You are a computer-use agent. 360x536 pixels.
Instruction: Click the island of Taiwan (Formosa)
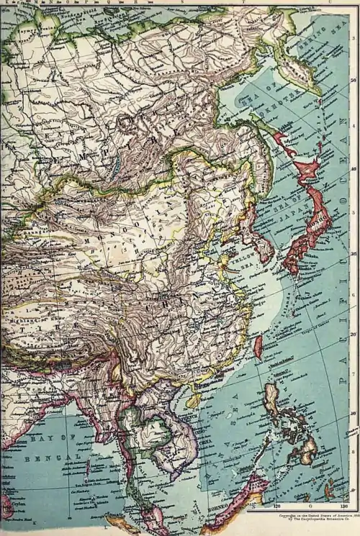pyautogui.click(x=258, y=348)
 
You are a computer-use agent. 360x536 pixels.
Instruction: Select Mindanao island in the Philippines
pyautogui.click(x=305, y=450)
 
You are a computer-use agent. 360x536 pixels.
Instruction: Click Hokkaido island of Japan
pyautogui.click(x=306, y=170)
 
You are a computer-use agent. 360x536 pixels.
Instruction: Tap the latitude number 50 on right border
pyautogui.click(x=352, y=81)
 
